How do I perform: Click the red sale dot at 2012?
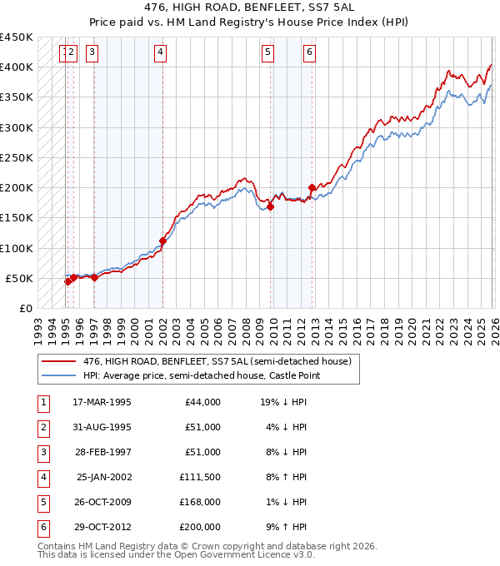(312, 187)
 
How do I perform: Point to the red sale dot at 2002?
(162, 241)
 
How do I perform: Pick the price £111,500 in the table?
(201, 478)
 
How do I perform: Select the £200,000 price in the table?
(201, 527)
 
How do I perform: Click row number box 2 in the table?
(42, 427)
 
